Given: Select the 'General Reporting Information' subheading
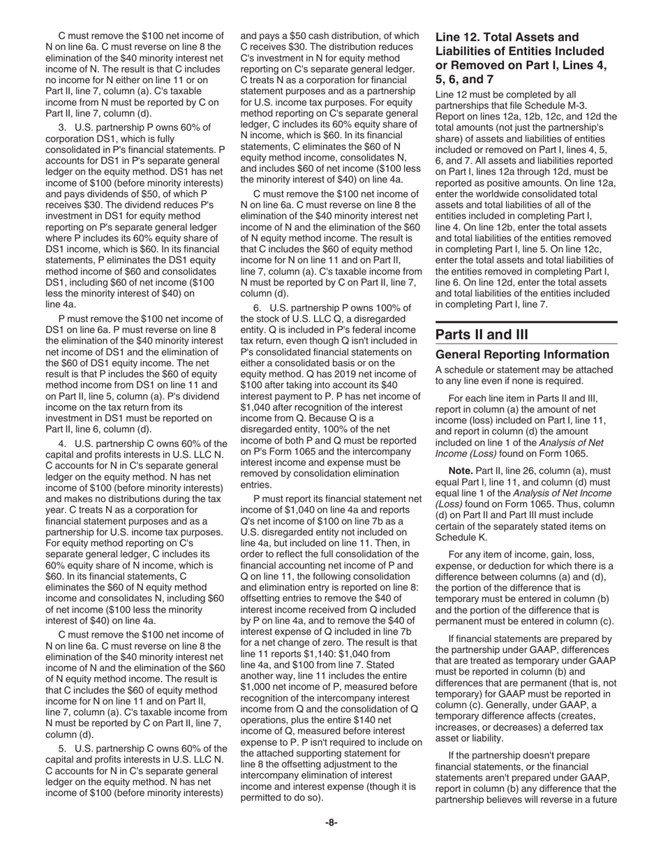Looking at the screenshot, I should (522, 355).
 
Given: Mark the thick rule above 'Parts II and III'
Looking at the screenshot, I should (526, 322).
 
